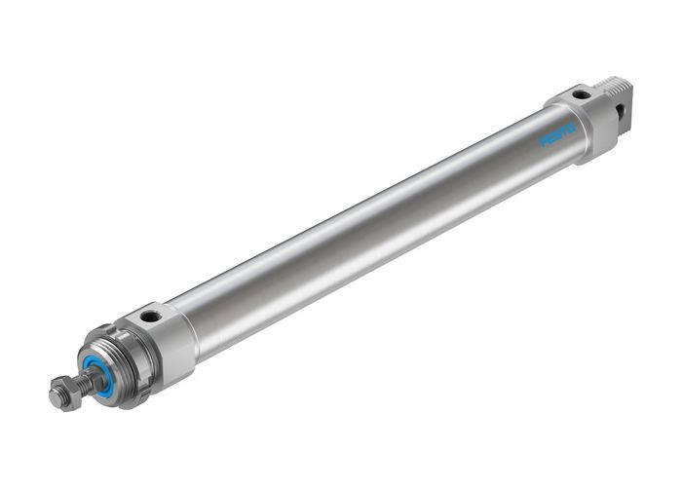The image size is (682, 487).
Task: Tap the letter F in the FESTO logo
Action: coord(546,141)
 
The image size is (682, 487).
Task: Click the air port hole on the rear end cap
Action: coord(581,95)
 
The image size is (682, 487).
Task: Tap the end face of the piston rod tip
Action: coord(55,398)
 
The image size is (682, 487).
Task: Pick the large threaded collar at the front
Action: coord(115,362)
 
